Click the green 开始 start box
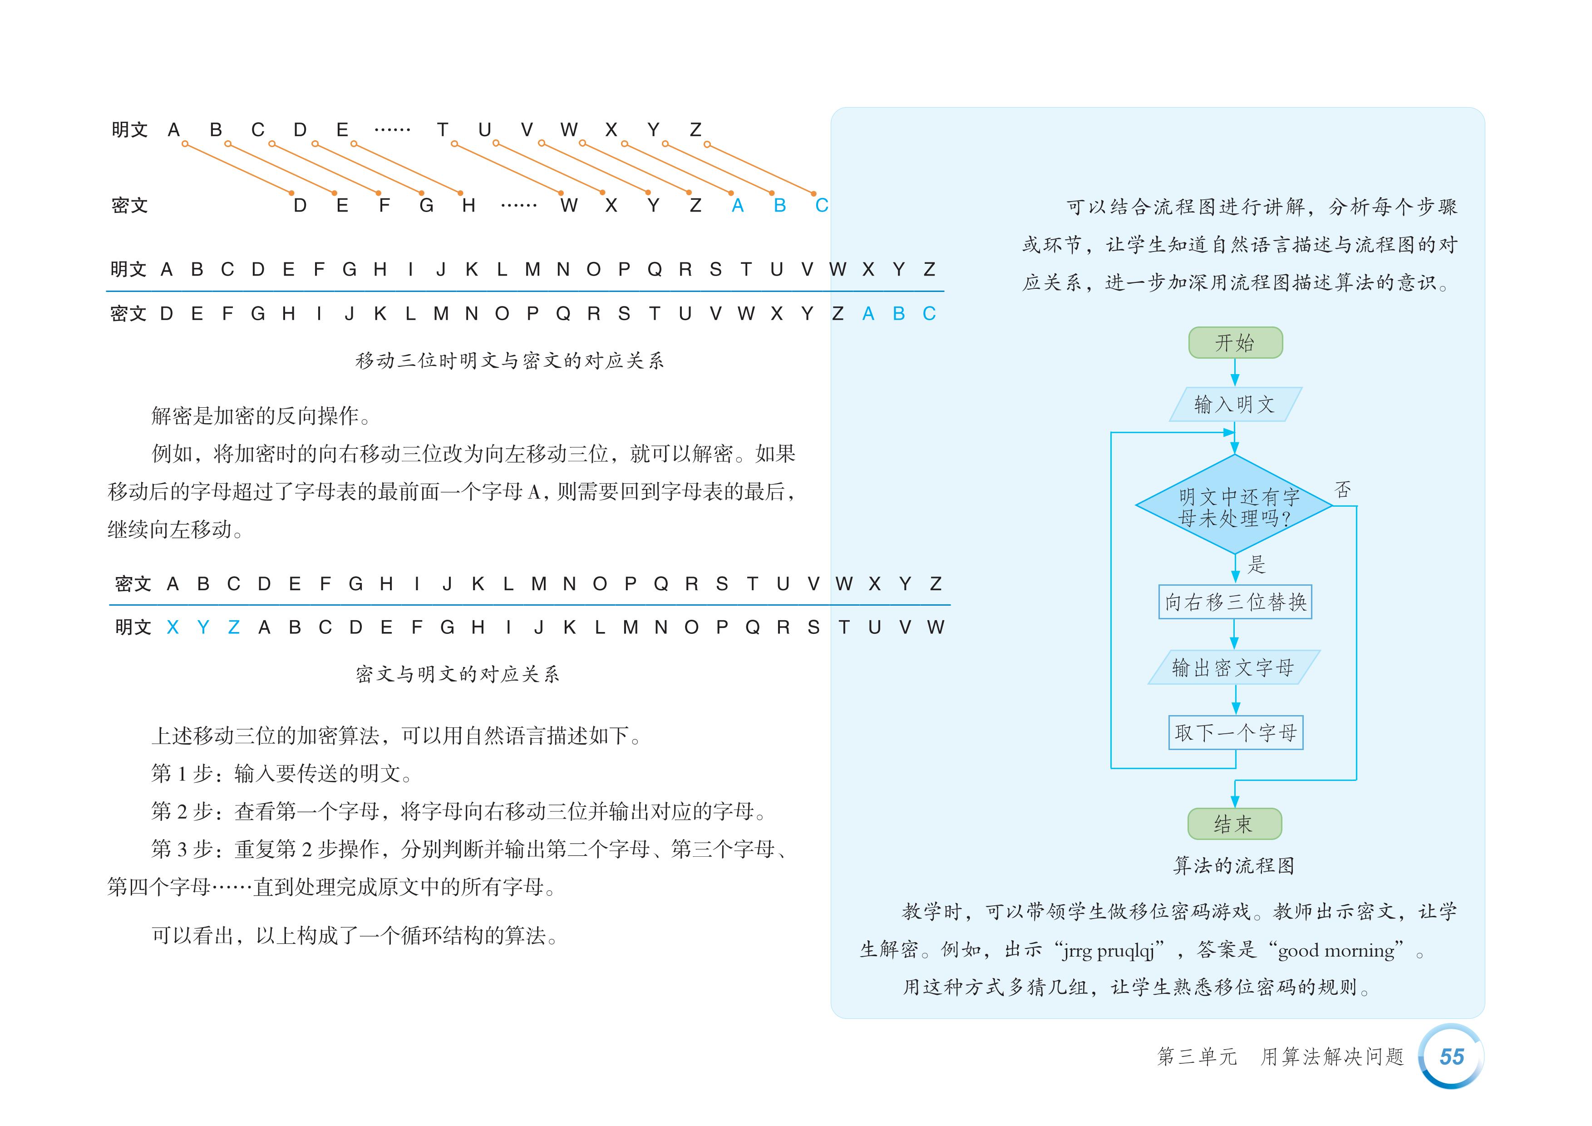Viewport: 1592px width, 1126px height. point(1235,342)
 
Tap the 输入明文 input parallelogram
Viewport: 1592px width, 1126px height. point(1235,404)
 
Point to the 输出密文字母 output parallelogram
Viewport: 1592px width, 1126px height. point(1233,667)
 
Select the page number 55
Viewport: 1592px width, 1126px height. point(1451,1057)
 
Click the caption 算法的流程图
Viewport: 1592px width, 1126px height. point(1233,865)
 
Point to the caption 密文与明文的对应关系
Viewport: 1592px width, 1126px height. point(458,674)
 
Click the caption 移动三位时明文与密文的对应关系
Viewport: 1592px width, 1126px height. point(510,361)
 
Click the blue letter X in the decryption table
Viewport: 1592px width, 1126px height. point(173,627)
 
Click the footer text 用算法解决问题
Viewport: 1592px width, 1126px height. point(1332,1057)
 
